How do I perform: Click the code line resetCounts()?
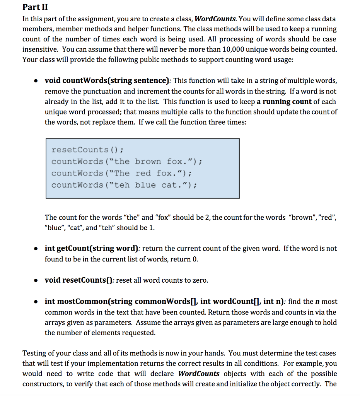(87, 150)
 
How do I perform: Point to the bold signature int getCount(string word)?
(92, 248)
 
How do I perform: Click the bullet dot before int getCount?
(36, 249)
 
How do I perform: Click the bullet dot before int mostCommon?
(36, 302)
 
